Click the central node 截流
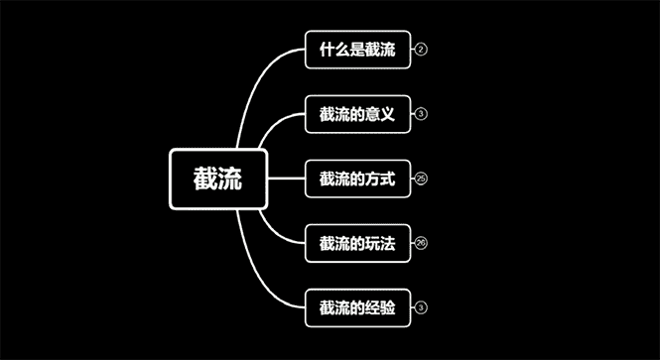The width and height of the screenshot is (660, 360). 218,180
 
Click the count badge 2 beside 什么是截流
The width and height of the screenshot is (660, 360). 422,50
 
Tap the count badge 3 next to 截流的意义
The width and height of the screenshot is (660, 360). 422,114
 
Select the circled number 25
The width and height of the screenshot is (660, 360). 422,180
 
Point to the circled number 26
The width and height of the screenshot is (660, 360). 422,244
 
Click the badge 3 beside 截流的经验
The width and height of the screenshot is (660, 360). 422,308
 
